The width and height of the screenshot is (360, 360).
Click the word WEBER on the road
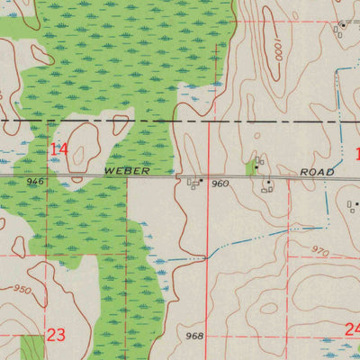click(x=124, y=169)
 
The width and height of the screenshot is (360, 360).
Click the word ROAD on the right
click(x=319, y=172)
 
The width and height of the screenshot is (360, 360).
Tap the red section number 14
click(x=59, y=148)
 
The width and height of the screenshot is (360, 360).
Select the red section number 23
click(x=57, y=335)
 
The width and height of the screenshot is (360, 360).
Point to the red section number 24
click(x=352, y=329)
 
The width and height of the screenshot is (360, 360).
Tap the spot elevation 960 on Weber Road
click(x=220, y=184)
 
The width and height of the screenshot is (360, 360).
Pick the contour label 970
click(x=321, y=250)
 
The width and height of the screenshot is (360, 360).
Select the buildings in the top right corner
click(x=343, y=28)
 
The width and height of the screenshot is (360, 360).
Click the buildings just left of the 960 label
click(x=194, y=184)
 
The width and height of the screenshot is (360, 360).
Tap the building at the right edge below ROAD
click(x=353, y=205)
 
